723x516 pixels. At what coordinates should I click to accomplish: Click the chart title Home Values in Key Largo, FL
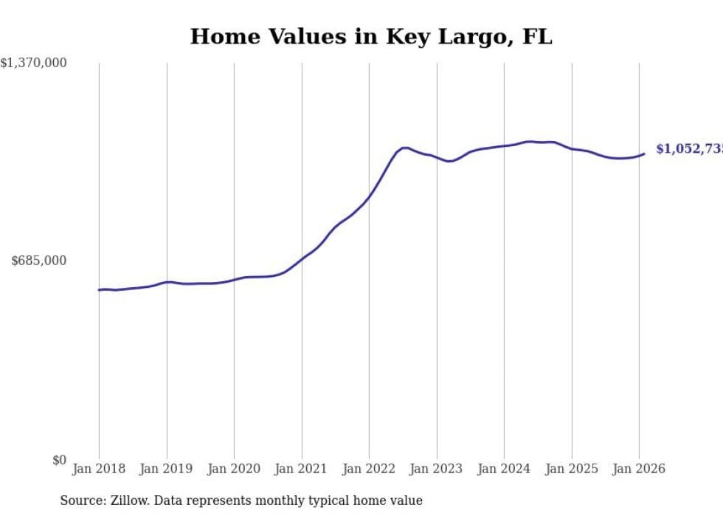(x=370, y=37)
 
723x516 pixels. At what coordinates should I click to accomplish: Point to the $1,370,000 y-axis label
(x=34, y=63)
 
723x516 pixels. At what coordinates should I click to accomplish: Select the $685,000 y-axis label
(x=38, y=261)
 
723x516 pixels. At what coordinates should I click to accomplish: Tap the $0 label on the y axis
(x=59, y=460)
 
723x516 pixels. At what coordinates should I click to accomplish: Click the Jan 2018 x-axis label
(x=99, y=469)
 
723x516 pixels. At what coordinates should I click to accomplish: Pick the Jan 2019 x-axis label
(x=167, y=469)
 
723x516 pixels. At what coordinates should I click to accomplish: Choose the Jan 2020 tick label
(x=234, y=469)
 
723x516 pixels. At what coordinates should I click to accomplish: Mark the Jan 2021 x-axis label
(x=302, y=469)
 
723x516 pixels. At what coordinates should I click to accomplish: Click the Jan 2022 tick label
(x=369, y=469)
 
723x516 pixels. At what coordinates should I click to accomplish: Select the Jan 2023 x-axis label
(x=437, y=469)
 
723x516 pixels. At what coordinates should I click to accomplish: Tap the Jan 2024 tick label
(x=504, y=469)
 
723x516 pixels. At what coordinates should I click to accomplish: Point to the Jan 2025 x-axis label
(x=572, y=469)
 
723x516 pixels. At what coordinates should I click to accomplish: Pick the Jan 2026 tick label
(x=639, y=469)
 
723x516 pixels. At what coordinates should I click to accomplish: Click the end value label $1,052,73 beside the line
(x=689, y=149)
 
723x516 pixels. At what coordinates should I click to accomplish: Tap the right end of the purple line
(x=644, y=154)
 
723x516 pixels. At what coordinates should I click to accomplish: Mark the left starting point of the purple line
(x=99, y=289)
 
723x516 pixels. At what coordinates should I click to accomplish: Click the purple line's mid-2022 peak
(x=404, y=148)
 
